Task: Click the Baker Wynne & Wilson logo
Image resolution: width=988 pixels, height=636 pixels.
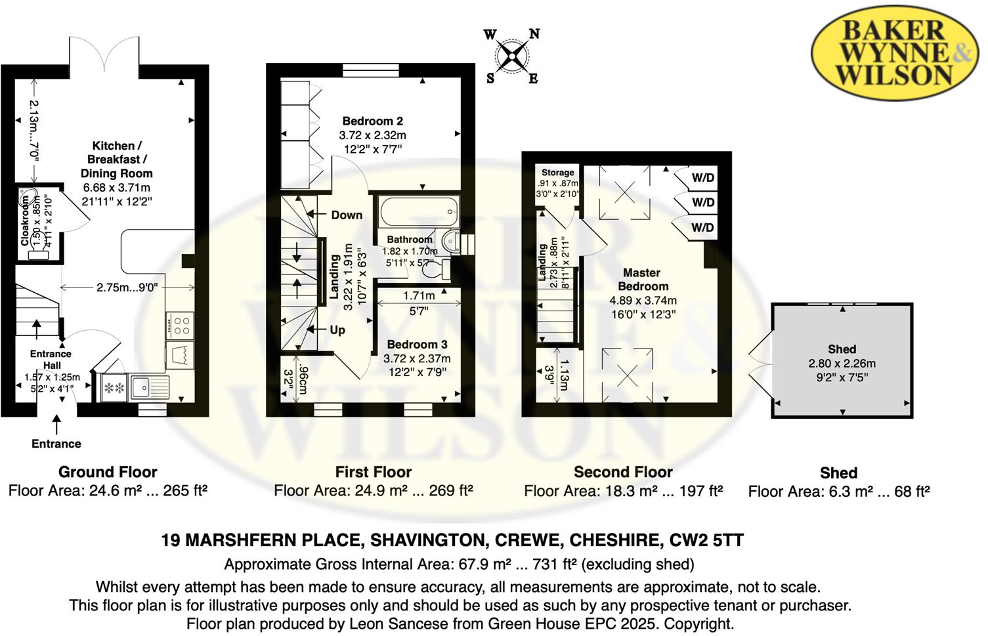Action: (894, 53)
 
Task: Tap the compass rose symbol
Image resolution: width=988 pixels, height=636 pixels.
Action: (512, 56)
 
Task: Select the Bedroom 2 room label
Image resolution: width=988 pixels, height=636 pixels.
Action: (372, 121)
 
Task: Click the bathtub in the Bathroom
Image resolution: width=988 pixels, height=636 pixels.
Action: (417, 211)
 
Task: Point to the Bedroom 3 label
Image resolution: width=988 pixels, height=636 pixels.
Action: (417, 345)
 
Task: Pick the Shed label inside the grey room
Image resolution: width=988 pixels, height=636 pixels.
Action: (842, 349)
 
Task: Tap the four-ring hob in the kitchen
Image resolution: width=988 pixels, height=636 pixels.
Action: (181, 326)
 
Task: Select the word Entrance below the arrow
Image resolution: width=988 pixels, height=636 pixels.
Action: (56, 444)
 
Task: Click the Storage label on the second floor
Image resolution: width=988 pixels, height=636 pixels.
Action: (557, 173)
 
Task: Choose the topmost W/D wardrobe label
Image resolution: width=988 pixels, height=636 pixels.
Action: (703, 178)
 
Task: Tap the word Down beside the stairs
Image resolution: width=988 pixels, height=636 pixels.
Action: (347, 215)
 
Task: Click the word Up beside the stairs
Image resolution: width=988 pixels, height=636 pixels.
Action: (337, 330)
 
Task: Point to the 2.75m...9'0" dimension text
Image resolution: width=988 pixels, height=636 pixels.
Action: (127, 287)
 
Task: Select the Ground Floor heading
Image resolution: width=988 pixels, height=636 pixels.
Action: (108, 472)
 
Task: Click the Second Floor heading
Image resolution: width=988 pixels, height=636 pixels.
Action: (623, 472)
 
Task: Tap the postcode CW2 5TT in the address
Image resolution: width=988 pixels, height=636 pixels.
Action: (706, 540)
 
